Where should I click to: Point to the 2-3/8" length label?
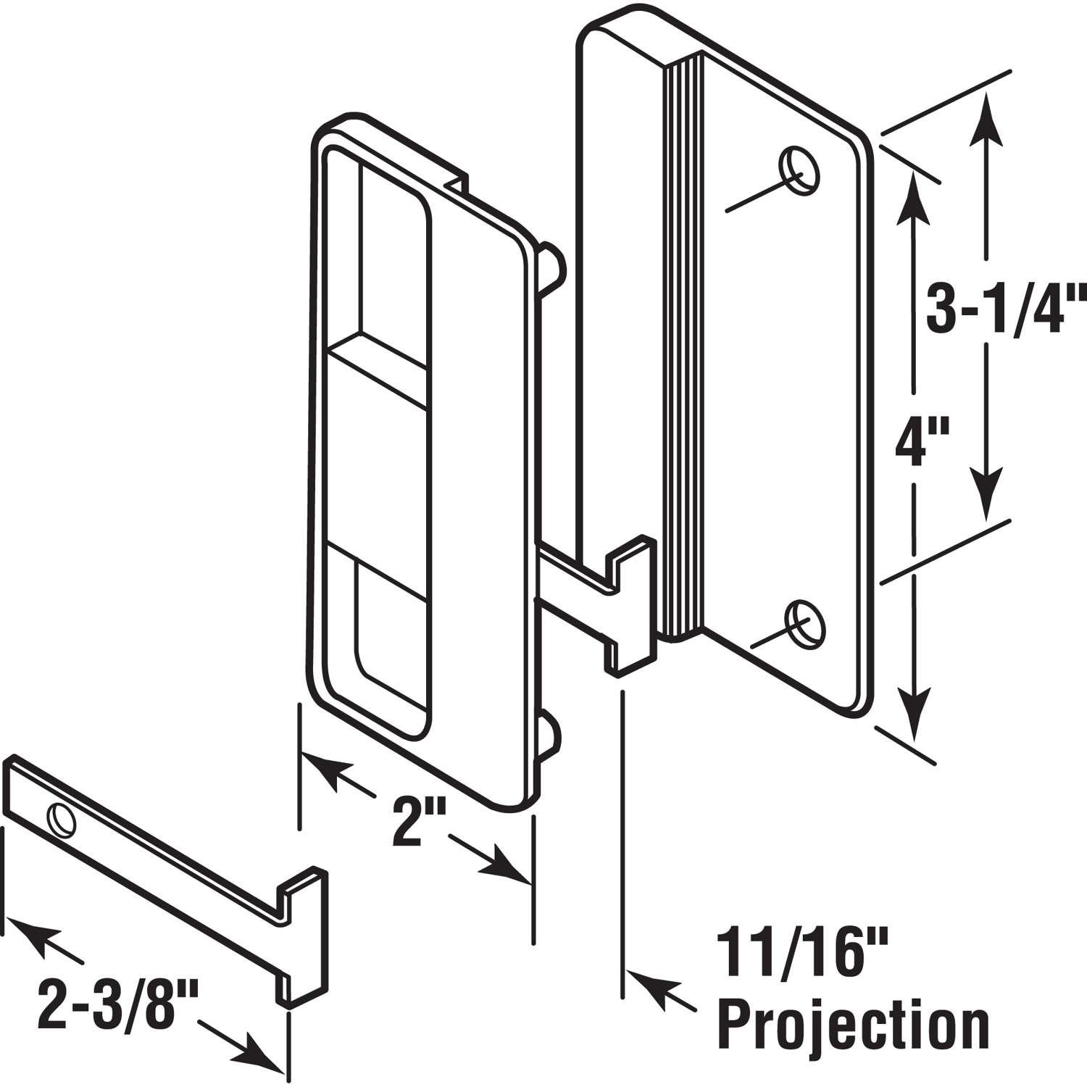click(x=109, y=1001)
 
